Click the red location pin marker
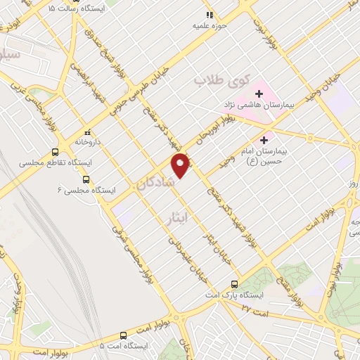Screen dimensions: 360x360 click(x=182, y=165)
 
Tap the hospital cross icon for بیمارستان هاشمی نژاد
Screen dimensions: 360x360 click(x=259, y=92)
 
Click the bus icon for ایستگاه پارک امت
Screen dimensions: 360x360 click(x=235, y=284)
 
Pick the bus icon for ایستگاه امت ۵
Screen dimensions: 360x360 click(x=123, y=335)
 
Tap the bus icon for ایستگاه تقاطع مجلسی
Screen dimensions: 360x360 click(x=55, y=152)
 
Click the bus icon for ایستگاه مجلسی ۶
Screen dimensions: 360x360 click(x=87, y=179)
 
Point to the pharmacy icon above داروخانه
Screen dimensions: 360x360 click(x=88, y=131)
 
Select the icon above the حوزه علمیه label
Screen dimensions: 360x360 click(x=208, y=15)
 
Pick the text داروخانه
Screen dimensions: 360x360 click(x=89, y=141)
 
